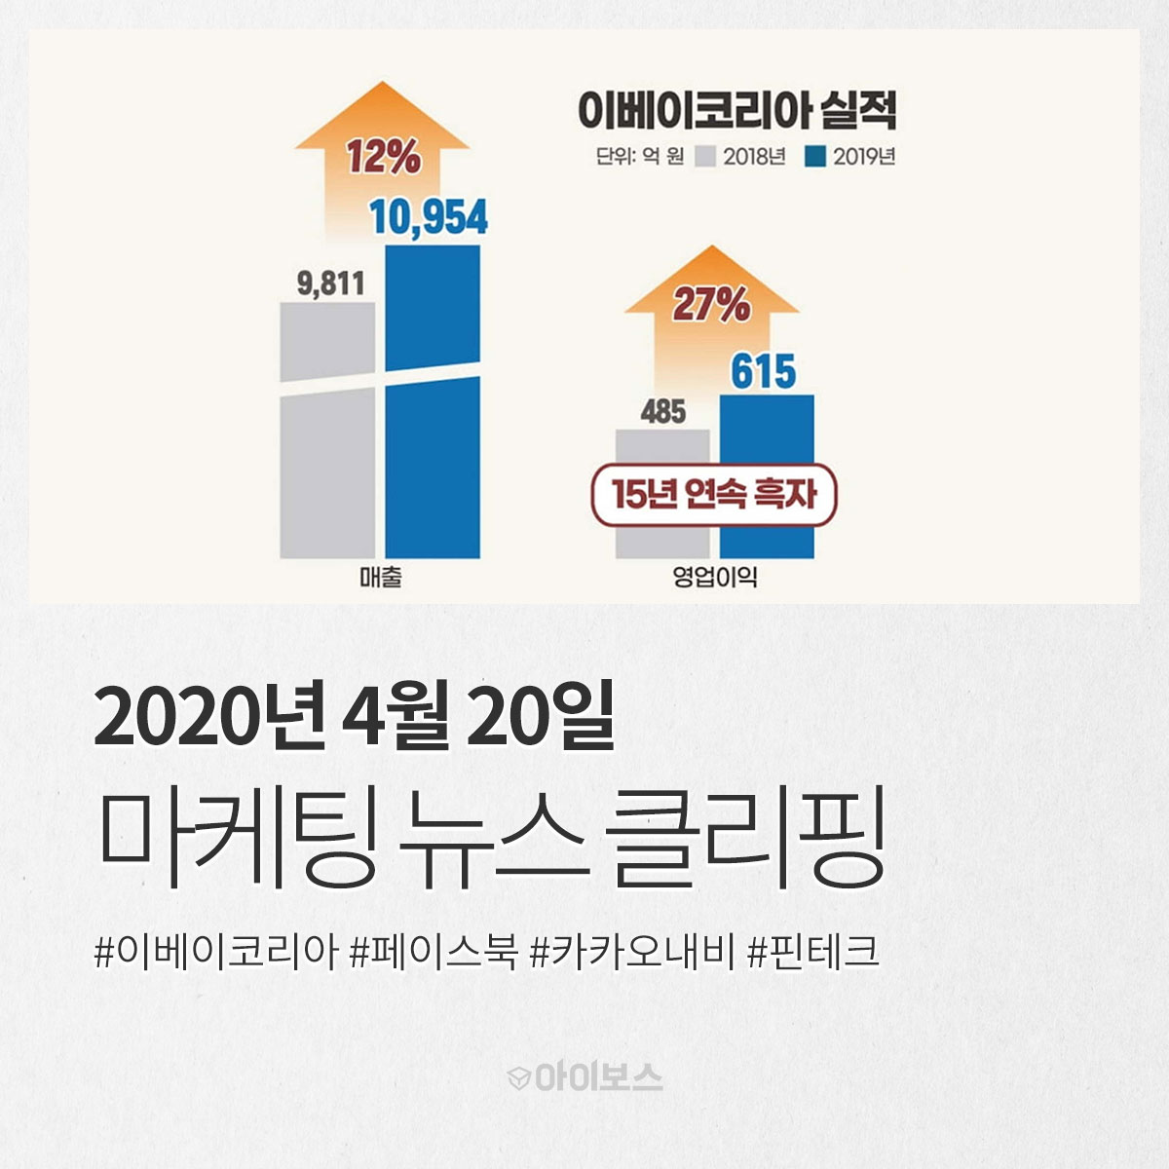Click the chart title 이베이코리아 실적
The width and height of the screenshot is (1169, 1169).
tap(736, 111)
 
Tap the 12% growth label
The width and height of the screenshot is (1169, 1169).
tap(384, 157)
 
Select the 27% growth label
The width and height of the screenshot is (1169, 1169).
tap(711, 305)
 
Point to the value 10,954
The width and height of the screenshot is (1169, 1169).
tap(429, 216)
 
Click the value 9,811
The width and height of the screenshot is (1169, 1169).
tap(330, 283)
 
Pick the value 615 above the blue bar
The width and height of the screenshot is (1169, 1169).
tap(763, 371)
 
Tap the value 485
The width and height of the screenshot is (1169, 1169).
tap(663, 412)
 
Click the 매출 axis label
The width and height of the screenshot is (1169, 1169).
tap(380, 578)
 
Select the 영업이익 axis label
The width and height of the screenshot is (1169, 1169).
tap(715, 577)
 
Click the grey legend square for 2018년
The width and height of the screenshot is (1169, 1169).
tap(705, 157)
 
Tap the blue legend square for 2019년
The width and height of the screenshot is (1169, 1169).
tap(815, 157)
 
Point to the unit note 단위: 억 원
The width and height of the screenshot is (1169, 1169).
tap(639, 157)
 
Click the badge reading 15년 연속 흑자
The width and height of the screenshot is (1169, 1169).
tap(714, 495)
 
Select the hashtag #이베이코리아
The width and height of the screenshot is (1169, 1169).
tap(216, 953)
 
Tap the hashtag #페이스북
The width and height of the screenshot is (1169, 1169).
tap(434, 953)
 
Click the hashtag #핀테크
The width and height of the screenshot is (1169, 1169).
tap(812, 953)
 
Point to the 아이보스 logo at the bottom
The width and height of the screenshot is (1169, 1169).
tap(584, 1078)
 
